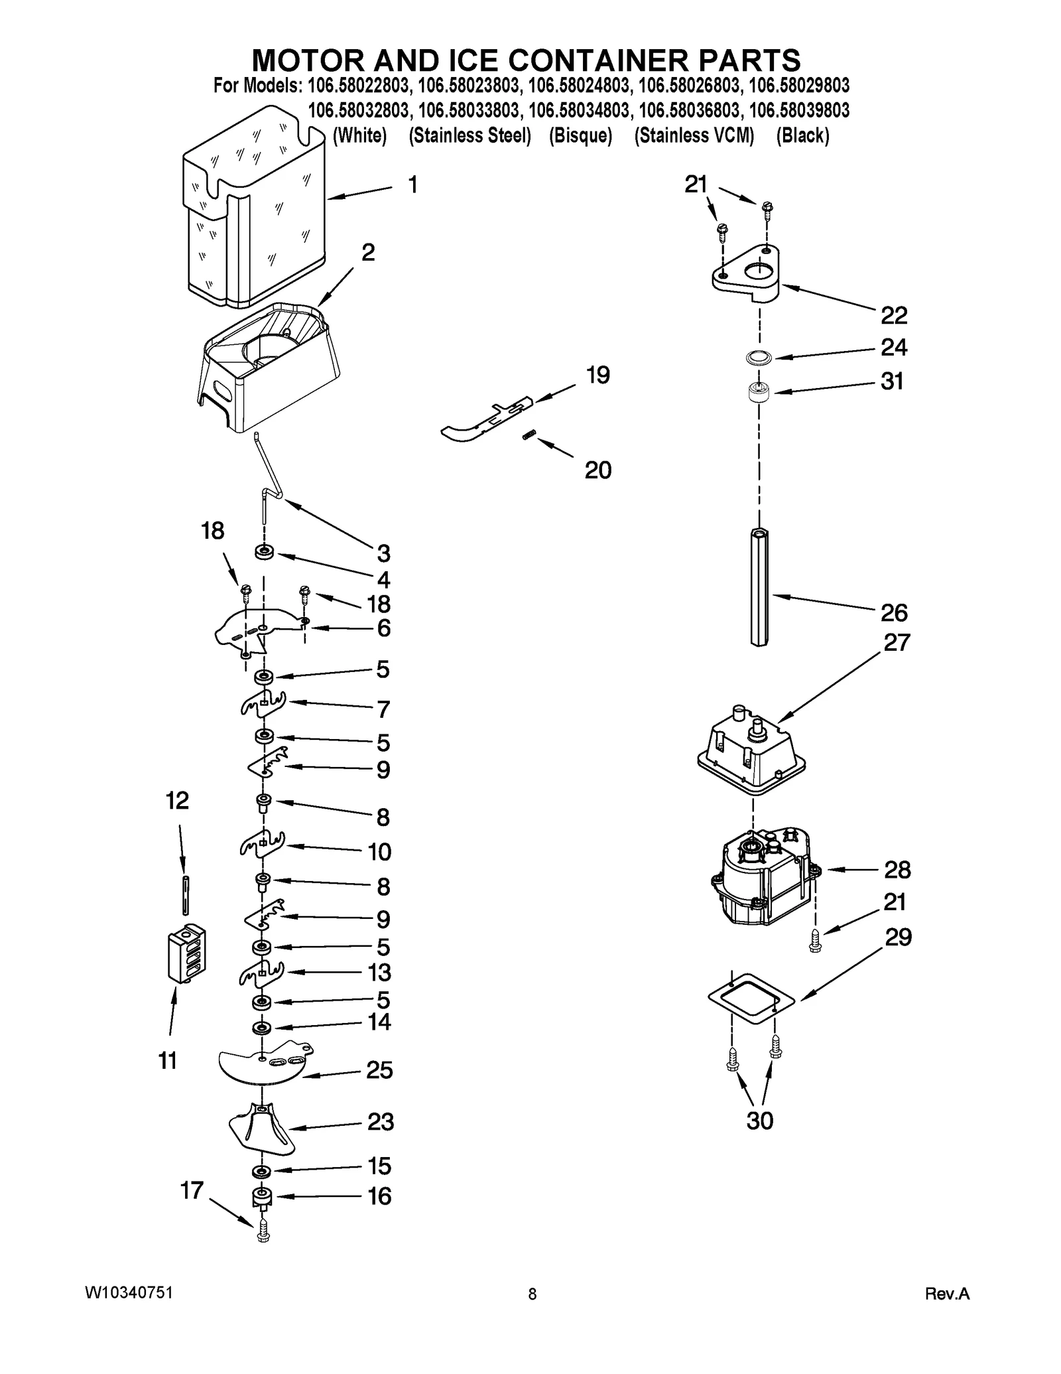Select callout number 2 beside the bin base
368,253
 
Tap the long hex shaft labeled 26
759,586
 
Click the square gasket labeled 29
751,1002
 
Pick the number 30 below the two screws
759,1121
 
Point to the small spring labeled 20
529,435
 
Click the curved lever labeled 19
487,418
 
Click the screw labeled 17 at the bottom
263,1233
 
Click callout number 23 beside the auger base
381,1122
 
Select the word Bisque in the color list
580,135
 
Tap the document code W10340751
129,1294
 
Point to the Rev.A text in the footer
947,1294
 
